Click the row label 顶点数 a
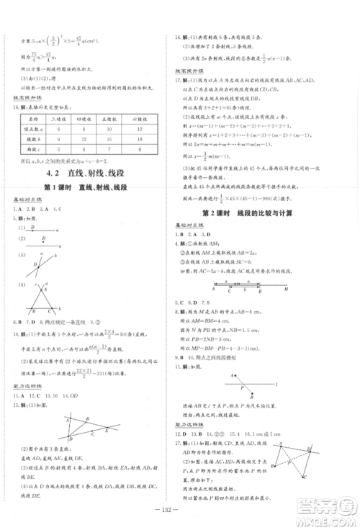pyautogui.click(x=33, y=127)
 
